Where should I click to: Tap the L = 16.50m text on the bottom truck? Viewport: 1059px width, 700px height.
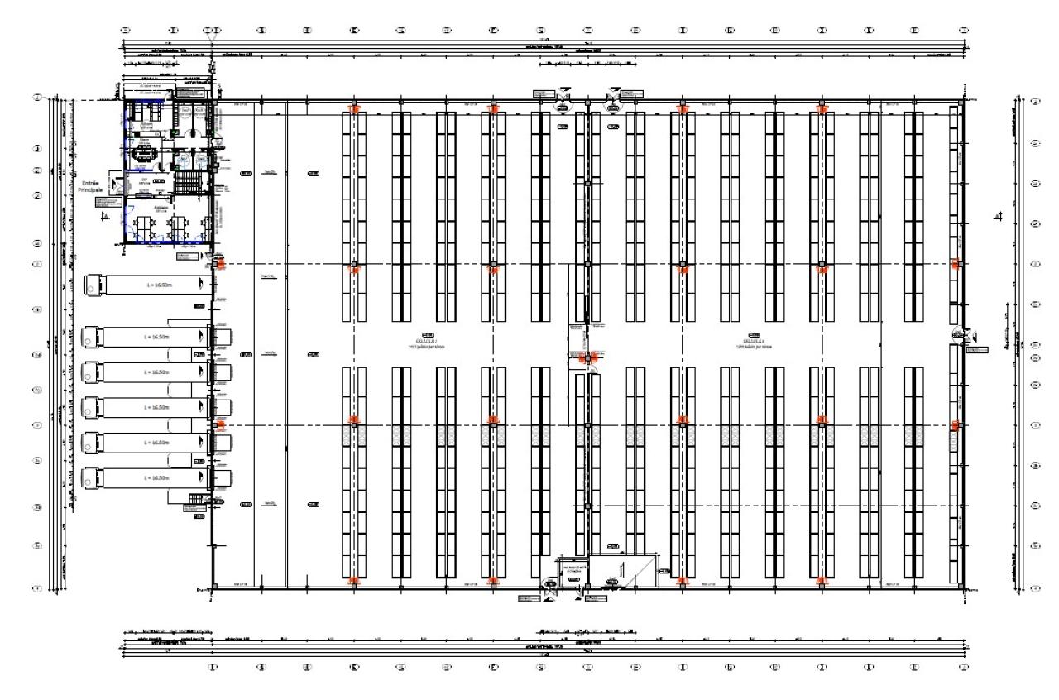[156, 478]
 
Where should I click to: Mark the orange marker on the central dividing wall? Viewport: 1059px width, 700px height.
[588, 357]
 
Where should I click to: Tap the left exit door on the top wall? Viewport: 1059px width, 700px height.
[563, 98]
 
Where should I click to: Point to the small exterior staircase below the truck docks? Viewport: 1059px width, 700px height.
[197, 500]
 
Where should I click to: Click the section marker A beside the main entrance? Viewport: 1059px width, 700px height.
[103, 217]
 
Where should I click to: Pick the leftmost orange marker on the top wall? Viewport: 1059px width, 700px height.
[354, 108]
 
